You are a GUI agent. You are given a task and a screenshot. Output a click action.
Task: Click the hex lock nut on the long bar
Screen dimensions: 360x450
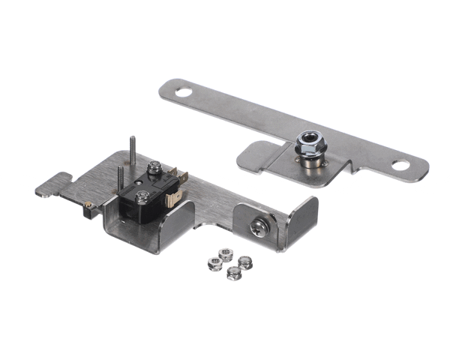pyautogui.click(x=306, y=143)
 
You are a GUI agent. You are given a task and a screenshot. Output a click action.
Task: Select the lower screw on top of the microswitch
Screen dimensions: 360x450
pyautogui.click(x=141, y=197)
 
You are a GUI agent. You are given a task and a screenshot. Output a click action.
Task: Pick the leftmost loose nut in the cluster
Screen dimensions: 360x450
pyautogui.click(x=213, y=263)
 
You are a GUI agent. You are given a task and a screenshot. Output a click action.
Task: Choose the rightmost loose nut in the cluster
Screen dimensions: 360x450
pyautogui.click(x=244, y=262)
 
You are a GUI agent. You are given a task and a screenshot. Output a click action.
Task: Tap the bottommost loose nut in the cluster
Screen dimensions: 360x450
pyautogui.click(x=233, y=273)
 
